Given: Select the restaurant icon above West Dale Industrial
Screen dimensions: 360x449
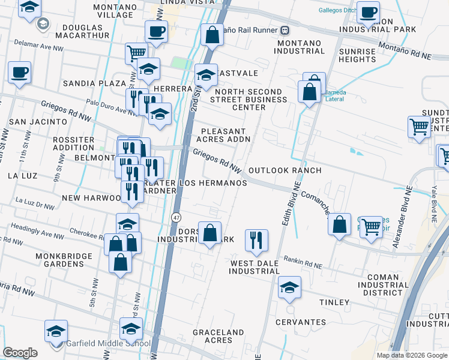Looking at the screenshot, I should [x=257, y=240].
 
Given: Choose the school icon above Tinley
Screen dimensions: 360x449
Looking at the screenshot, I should [x=290, y=287].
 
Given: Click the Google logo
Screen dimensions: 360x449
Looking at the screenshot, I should [x=20, y=353].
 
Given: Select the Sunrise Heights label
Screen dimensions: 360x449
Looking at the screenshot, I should [x=357, y=55].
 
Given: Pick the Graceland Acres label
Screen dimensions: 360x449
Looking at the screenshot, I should [x=218, y=336].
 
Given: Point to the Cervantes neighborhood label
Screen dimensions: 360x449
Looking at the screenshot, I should [x=300, y=322].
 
